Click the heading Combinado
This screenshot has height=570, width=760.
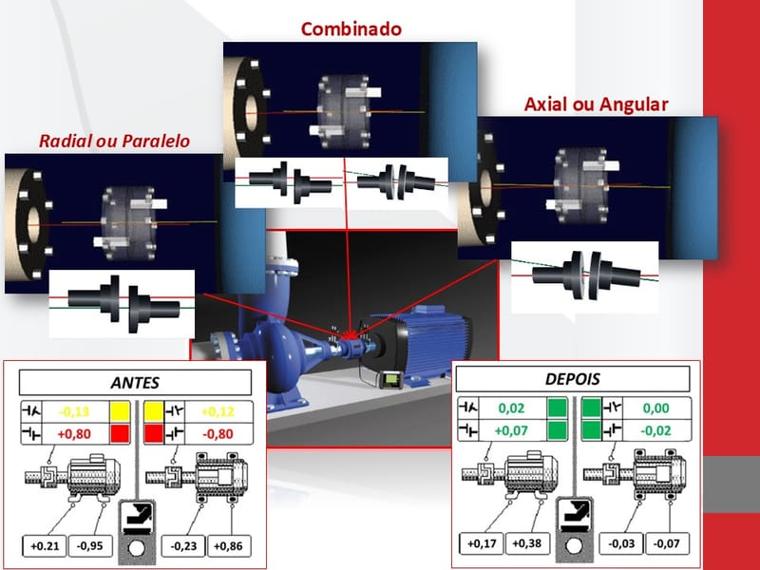click(x=351, y=28)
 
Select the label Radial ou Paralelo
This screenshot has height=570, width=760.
click(x=114, y=141)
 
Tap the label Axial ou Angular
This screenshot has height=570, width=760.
click(x=597, y=103)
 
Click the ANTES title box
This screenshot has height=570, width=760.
click(x=135, y=383)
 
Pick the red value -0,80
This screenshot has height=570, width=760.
click(x=216, y=434)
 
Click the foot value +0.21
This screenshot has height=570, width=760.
click(x=44, y=546)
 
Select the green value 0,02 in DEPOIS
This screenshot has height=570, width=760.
click(x=511, y=408)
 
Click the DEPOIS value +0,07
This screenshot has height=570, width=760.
click(x=511, y=429)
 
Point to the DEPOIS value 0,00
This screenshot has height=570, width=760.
click(x=651, y=408)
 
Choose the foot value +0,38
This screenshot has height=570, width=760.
click(x=527, y=543)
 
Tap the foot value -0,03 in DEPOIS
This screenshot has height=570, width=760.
click(x=619, y=543)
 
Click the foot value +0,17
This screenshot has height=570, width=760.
click(x=480, y=543)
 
